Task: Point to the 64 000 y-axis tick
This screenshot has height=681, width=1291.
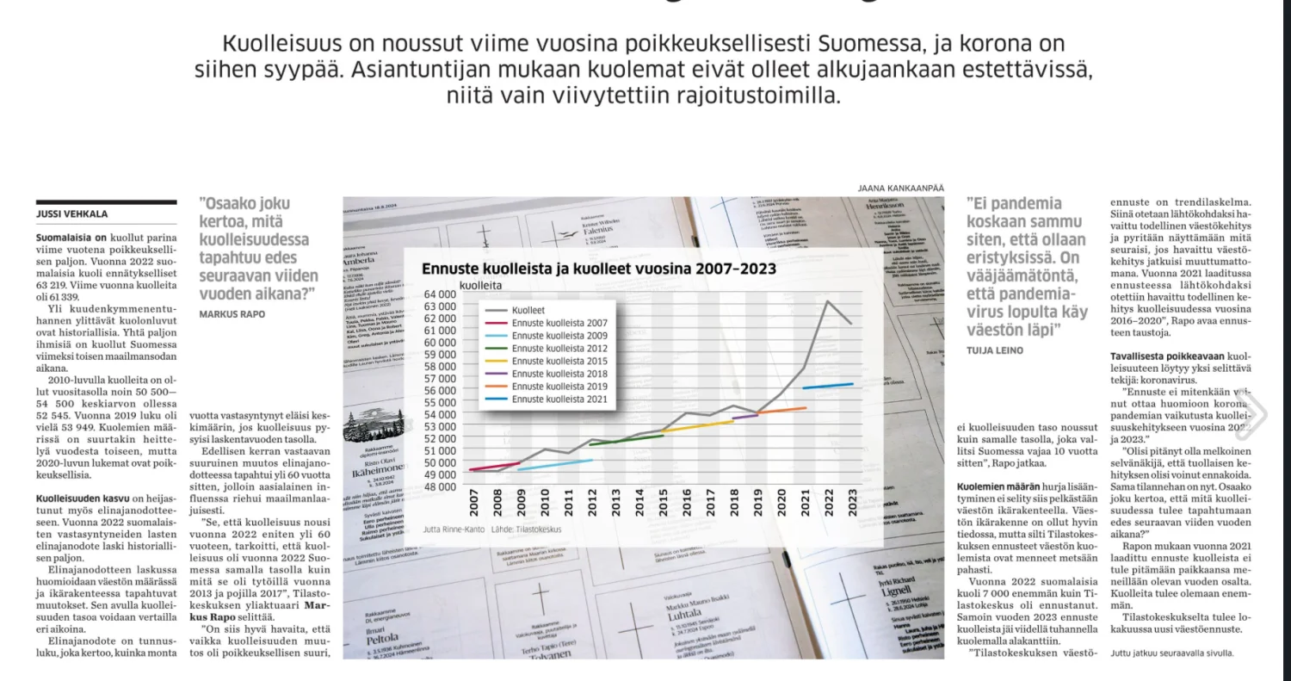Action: (x=440, y=294)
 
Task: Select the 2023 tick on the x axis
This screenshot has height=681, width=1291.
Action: (x=851, y=504)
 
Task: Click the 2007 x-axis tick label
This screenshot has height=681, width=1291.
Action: (x=473, y=504)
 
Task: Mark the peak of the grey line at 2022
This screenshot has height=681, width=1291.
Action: (x=828, y=301)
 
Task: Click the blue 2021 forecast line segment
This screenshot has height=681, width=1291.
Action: (x=826, y=386)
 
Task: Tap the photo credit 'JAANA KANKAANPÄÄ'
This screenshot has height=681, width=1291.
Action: (x=900, y=188)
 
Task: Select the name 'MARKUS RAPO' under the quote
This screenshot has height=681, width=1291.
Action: (x=232, y=314)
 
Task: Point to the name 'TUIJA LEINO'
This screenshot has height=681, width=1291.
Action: (x=994, y=350)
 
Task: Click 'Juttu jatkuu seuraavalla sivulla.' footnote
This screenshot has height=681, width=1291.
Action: (x=1171, y=653)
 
